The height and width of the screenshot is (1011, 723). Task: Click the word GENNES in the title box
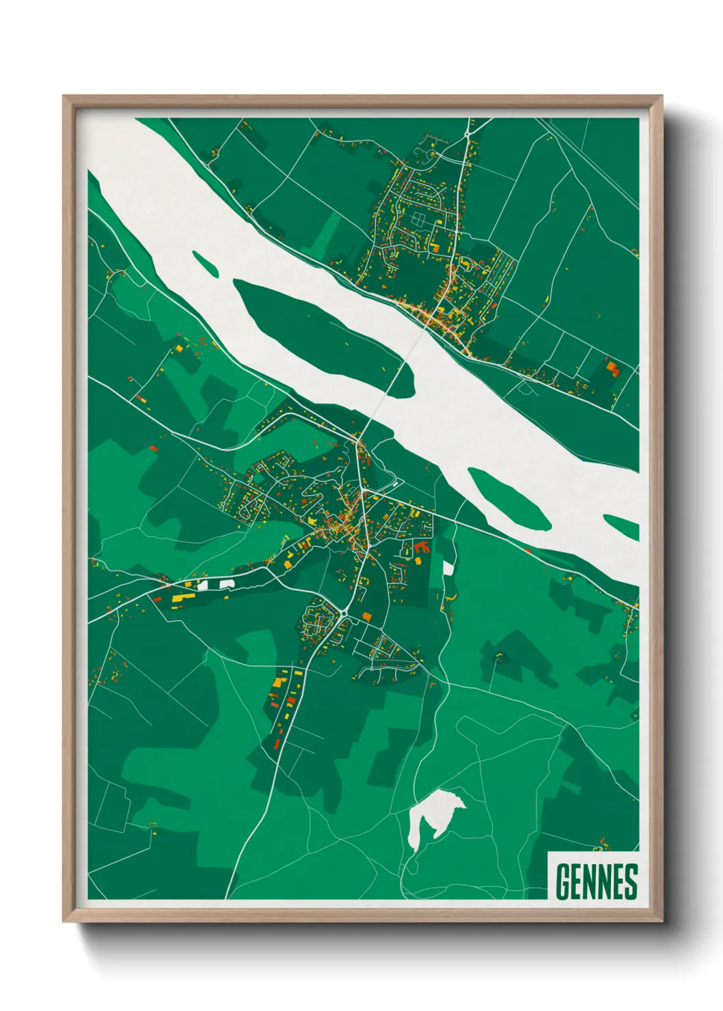(x=596, y=881)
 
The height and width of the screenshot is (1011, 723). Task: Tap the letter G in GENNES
(x=563, y=881)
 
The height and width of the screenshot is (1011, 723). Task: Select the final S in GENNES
(x=630, y=881)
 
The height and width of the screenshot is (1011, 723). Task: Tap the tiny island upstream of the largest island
(x=205, y=263)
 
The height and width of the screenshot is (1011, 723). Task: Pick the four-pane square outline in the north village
(x=418, y=220)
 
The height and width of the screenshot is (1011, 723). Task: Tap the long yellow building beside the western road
(x=182, y=598)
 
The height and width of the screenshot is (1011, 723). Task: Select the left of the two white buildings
(x=203, y=585)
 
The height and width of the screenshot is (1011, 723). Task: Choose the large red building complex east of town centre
(x=420, y=546)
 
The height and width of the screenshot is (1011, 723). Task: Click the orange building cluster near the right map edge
(x=612, y=369)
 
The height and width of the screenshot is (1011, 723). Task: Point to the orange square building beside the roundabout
(x=367, y=617)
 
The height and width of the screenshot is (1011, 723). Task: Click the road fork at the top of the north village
(x=468, y=133)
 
